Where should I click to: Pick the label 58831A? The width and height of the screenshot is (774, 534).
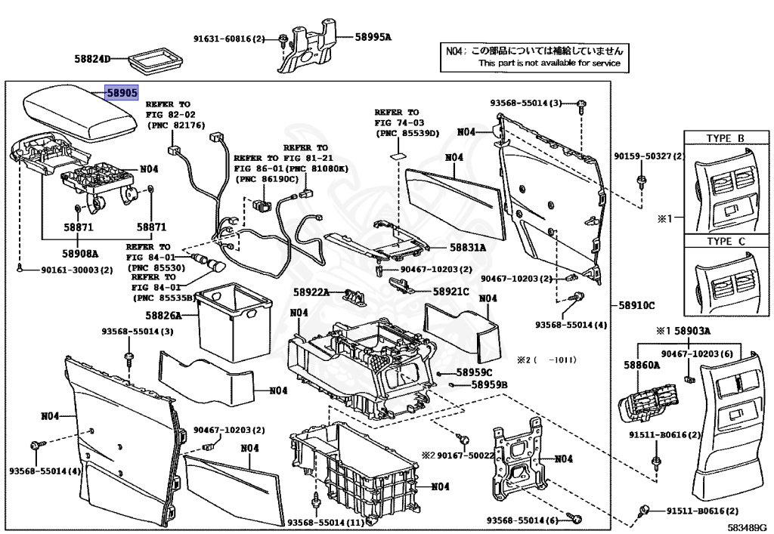point(468,248)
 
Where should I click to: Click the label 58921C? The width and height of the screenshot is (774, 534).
point(451,292)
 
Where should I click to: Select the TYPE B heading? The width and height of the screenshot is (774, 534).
point(725,138)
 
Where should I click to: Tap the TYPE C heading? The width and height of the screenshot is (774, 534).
point(725,242)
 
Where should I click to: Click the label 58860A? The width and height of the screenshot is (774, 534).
point(642,366)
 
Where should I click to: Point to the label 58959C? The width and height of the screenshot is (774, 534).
point(474,372)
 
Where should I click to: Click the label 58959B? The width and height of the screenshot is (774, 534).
point(489,385)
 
